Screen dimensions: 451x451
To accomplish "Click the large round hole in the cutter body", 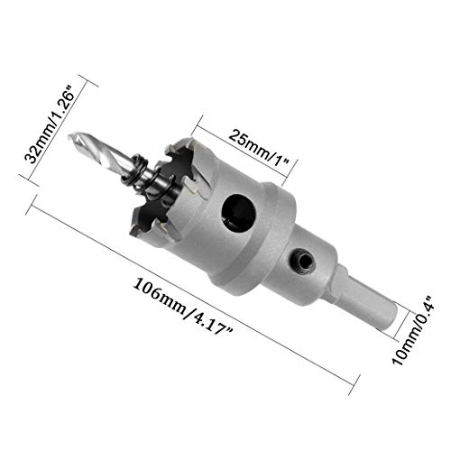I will point(236,211).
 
